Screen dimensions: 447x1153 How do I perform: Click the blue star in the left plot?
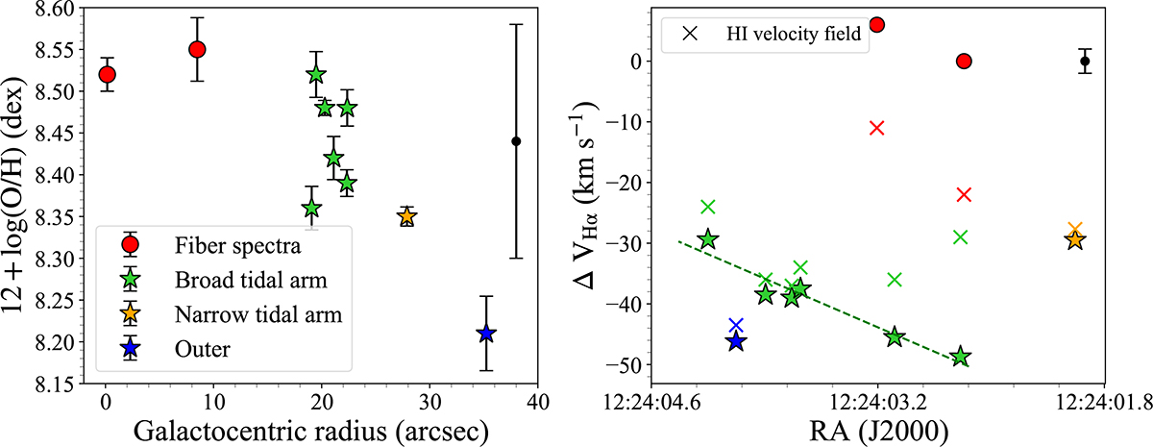coord(486,333)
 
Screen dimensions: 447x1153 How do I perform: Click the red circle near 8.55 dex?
coord(197,49)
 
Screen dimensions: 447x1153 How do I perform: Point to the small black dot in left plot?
coord(516,141)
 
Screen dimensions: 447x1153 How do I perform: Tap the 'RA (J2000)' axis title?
coord(875,429)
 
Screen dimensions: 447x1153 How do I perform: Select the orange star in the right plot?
coord(1074,240)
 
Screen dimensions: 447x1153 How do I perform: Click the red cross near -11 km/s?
coord(876,128)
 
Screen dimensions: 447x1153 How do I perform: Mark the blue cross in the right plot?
coord(736,325)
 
